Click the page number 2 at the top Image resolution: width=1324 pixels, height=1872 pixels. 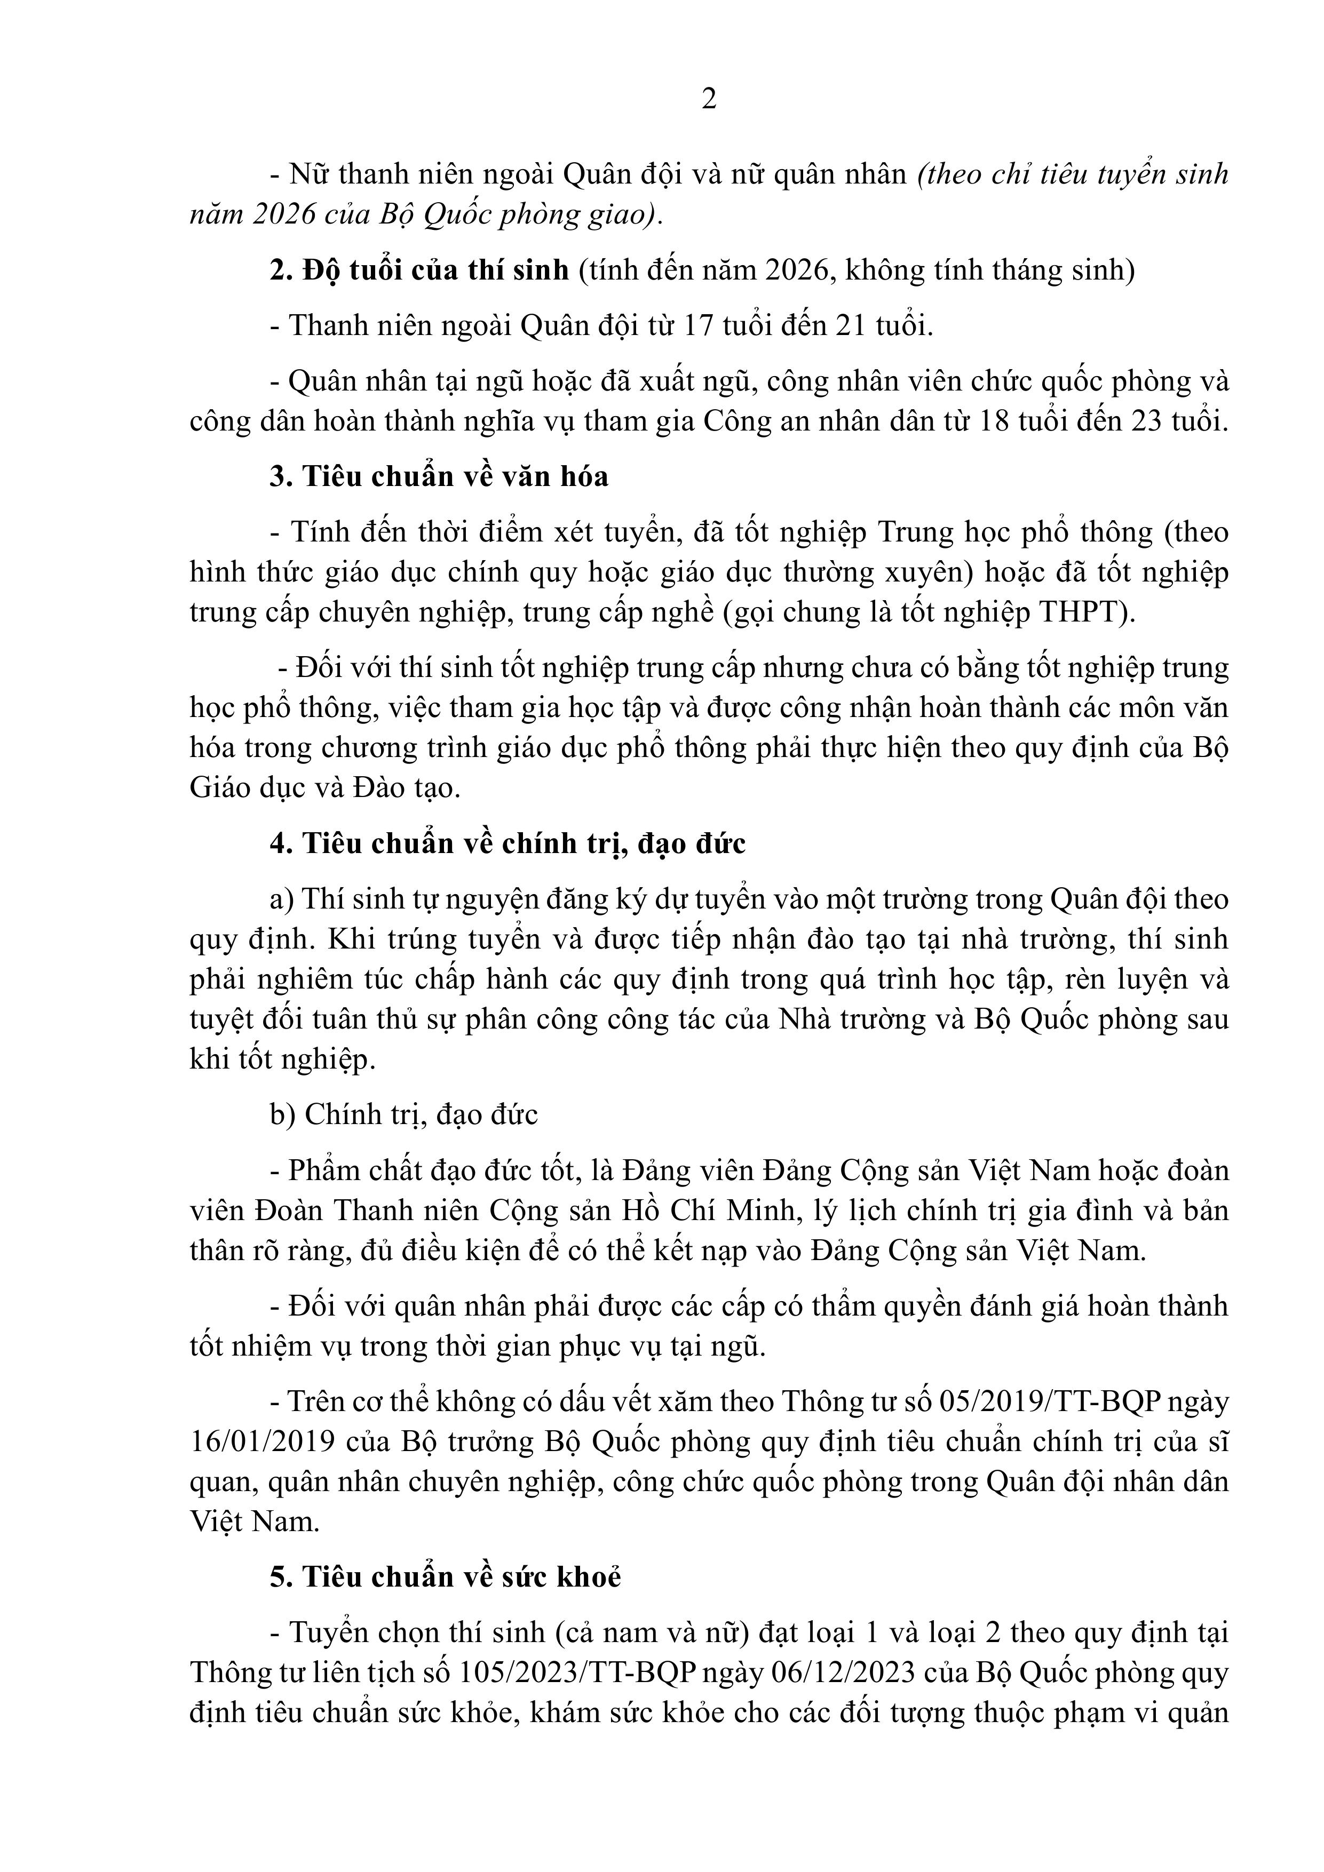tap(709, 99)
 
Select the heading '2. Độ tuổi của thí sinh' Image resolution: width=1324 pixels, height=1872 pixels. tap(419, 270)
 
